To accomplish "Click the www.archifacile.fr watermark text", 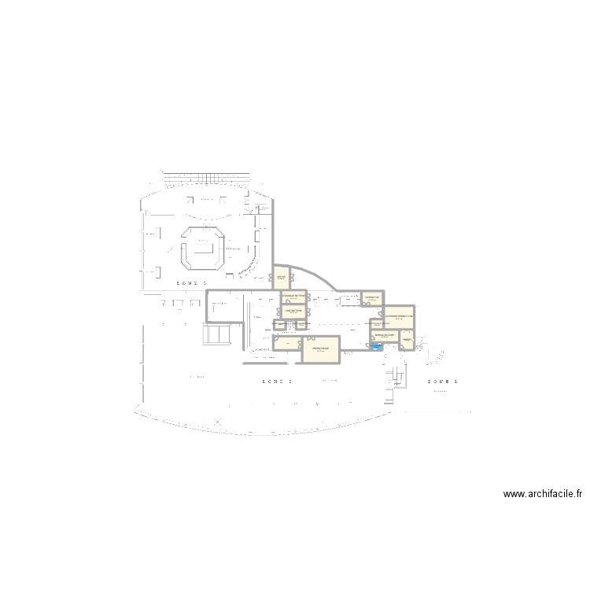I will click(544, 495).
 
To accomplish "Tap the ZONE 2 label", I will click(277, 381).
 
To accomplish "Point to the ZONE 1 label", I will click(442, 381).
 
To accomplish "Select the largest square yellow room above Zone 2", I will click(320, 349).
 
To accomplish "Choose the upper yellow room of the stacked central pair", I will click(293, 297).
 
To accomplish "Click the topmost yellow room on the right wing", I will click(372, 298).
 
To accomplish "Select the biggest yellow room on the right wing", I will click(399, 316).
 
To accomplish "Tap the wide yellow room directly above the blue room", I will click(384, 336).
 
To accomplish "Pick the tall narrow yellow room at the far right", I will click(407, 339).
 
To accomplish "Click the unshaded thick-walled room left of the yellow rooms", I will click(225, 306).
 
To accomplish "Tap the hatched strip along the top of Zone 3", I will click(208, 174).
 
